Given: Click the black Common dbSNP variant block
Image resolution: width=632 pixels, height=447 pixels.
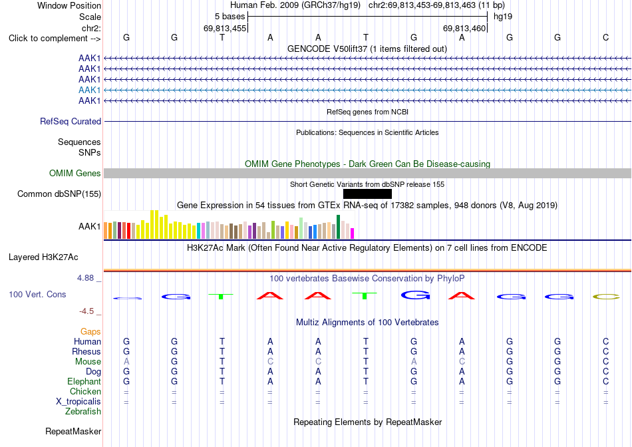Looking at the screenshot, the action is (367, 194).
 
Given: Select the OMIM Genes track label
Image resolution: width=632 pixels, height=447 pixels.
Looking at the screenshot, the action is (75, 174).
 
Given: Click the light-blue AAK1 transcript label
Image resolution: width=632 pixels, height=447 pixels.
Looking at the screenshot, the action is (90, 90).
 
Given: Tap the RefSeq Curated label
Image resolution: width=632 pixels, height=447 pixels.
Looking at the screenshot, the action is (71, 121).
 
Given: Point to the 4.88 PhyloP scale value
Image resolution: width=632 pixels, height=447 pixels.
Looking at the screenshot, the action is (85, 278).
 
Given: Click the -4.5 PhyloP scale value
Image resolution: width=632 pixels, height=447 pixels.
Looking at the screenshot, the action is (86, 311).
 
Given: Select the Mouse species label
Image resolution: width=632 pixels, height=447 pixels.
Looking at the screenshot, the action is (88, 362).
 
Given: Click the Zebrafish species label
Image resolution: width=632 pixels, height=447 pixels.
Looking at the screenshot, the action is (83, 412).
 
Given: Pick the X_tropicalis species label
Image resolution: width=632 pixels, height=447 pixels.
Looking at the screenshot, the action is (79, 402).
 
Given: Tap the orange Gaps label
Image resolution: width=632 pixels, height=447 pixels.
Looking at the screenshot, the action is (90, 331).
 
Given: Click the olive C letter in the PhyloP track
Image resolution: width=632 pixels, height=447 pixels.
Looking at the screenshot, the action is (606, 297).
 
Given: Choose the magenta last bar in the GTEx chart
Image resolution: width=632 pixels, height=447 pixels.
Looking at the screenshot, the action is (353, 233).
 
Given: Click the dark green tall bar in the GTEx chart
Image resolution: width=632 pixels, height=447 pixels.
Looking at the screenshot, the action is (339, 227).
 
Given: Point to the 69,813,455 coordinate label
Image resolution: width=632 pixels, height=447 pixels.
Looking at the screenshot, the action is (225, 28).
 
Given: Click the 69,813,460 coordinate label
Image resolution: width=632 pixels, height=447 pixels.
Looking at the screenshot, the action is (464, 28).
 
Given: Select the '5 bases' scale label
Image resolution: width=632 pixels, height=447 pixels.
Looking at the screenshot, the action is (230, 17).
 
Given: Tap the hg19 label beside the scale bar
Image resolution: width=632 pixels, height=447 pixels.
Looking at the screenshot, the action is (503, 17).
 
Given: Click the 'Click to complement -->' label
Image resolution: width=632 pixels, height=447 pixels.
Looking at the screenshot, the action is (55, 39).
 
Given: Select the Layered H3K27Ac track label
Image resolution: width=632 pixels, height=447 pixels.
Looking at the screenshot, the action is (43, 257).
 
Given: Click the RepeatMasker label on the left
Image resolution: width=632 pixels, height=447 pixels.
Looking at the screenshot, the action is (73, 431).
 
